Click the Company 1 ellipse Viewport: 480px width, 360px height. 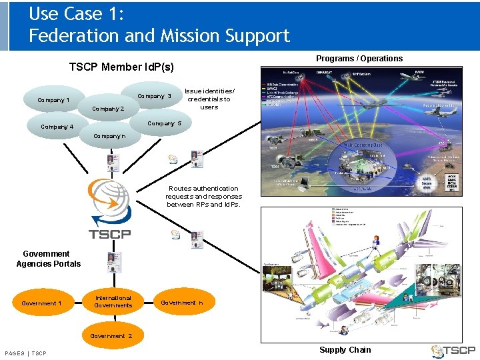tap(53, 100)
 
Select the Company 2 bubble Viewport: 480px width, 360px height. tap(108, 109)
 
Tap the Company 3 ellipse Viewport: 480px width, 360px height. tap(155, 96)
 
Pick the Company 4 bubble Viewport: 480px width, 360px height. tap(57, 127)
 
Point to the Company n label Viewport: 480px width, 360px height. tap(109, 136)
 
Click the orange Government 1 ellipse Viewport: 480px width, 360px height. tap(41, 303)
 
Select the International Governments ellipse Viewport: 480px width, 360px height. tap(113, 301)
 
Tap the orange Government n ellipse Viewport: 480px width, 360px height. tap(182, 303)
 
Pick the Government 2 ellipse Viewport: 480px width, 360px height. tap(111, 335)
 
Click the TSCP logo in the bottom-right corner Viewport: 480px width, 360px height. tap(453, 350)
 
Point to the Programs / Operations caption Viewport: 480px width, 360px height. tap(359, 59)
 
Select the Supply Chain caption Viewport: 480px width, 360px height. tap(345, 349)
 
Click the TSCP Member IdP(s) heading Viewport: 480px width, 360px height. tap(121, 67)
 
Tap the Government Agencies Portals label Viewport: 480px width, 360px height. tap(48, 259)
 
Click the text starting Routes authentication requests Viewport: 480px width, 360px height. tap(204, 197)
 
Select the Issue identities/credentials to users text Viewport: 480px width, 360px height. tap(209, 99)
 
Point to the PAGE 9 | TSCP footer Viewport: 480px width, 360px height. tap(25, 353)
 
